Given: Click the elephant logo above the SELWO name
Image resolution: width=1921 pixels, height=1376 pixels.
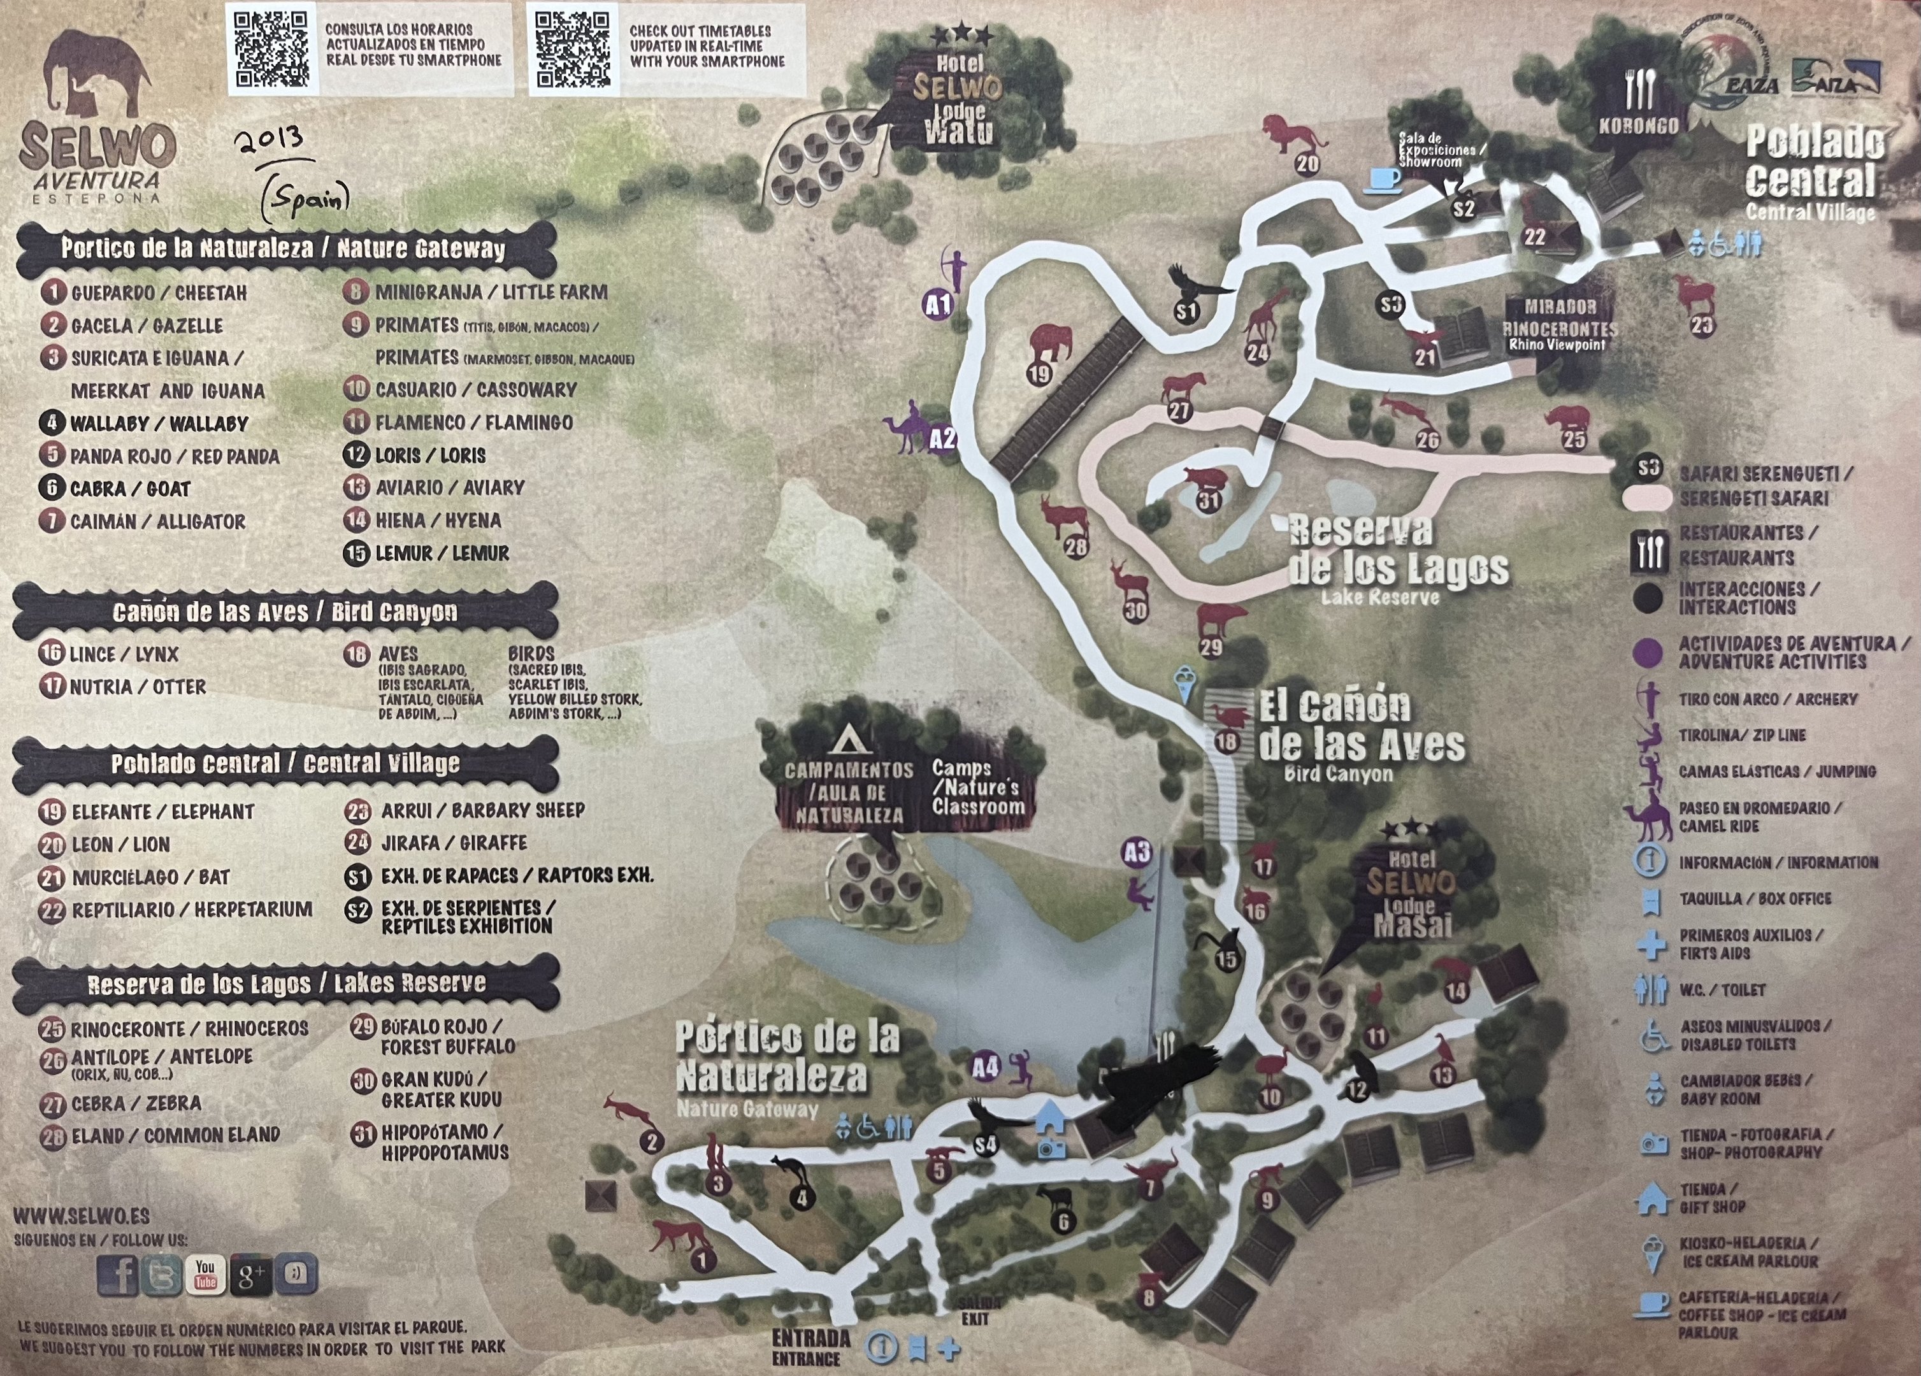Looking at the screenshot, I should click(x=98, y=74).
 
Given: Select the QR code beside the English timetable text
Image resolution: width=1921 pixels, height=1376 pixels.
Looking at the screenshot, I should click(x=573, y=49).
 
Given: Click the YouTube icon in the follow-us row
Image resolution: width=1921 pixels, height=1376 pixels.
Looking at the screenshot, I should click(x=205, y=1274).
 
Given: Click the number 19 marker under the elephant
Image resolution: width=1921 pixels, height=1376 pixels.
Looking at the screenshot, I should click(x=1039, y=373).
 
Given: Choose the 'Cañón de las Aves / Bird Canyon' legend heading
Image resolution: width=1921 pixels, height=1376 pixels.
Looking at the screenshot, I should click(x=285, y=612).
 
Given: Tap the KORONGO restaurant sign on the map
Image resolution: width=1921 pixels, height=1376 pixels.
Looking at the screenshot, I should click(x=1637, y=125).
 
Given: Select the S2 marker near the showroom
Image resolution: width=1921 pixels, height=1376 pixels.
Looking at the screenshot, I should click(x=1464, y=208).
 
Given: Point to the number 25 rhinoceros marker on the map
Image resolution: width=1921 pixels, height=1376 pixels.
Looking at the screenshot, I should click(x=1574, y=439).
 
